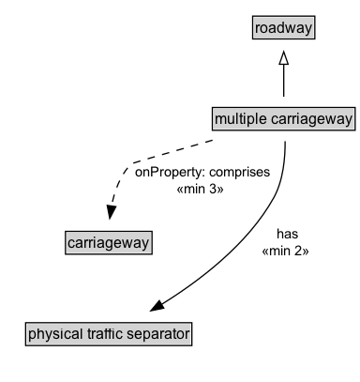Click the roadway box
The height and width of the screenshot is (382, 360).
(x=283, y=28)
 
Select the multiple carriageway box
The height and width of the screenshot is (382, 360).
(x=283, y=118)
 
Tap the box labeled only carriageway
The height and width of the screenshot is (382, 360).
(x=109, y=243)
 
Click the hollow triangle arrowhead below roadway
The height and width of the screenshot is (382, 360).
(x=283, y=59)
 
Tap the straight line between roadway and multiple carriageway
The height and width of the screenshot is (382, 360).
(x=283, y=84)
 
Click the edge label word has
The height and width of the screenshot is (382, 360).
(x=287, y=235)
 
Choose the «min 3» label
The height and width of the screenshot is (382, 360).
(x=202, y=189)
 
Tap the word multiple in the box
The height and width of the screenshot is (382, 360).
(x=239, y=119)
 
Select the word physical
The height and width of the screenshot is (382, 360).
(x=54, y=333)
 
